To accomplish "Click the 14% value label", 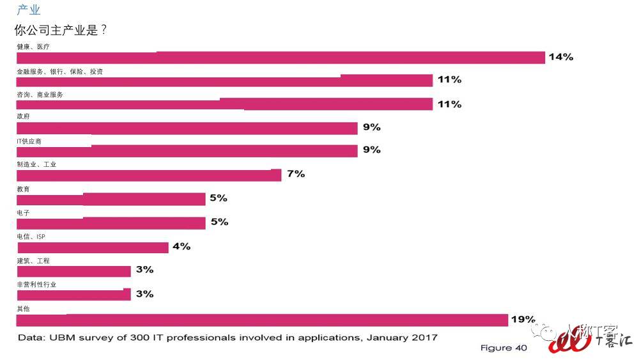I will pos(560,57).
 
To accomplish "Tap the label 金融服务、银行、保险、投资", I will pos(59,72).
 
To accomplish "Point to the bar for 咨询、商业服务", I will pos(224,104).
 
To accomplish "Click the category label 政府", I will pos(23,116).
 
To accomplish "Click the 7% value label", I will pos(296,174).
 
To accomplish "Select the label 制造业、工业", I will pos(36,164).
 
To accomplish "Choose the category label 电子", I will pos(23,213).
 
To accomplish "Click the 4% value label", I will pos(181,246).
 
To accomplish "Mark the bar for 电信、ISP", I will pos(92,247).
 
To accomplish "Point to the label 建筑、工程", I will pos(33,261).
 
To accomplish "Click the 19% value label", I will pos(523,319).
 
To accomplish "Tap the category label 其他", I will pos(23,309).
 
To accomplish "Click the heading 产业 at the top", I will pos(28,10).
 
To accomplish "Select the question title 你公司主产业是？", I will pos(60,30).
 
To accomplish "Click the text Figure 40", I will pos(504,348).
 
